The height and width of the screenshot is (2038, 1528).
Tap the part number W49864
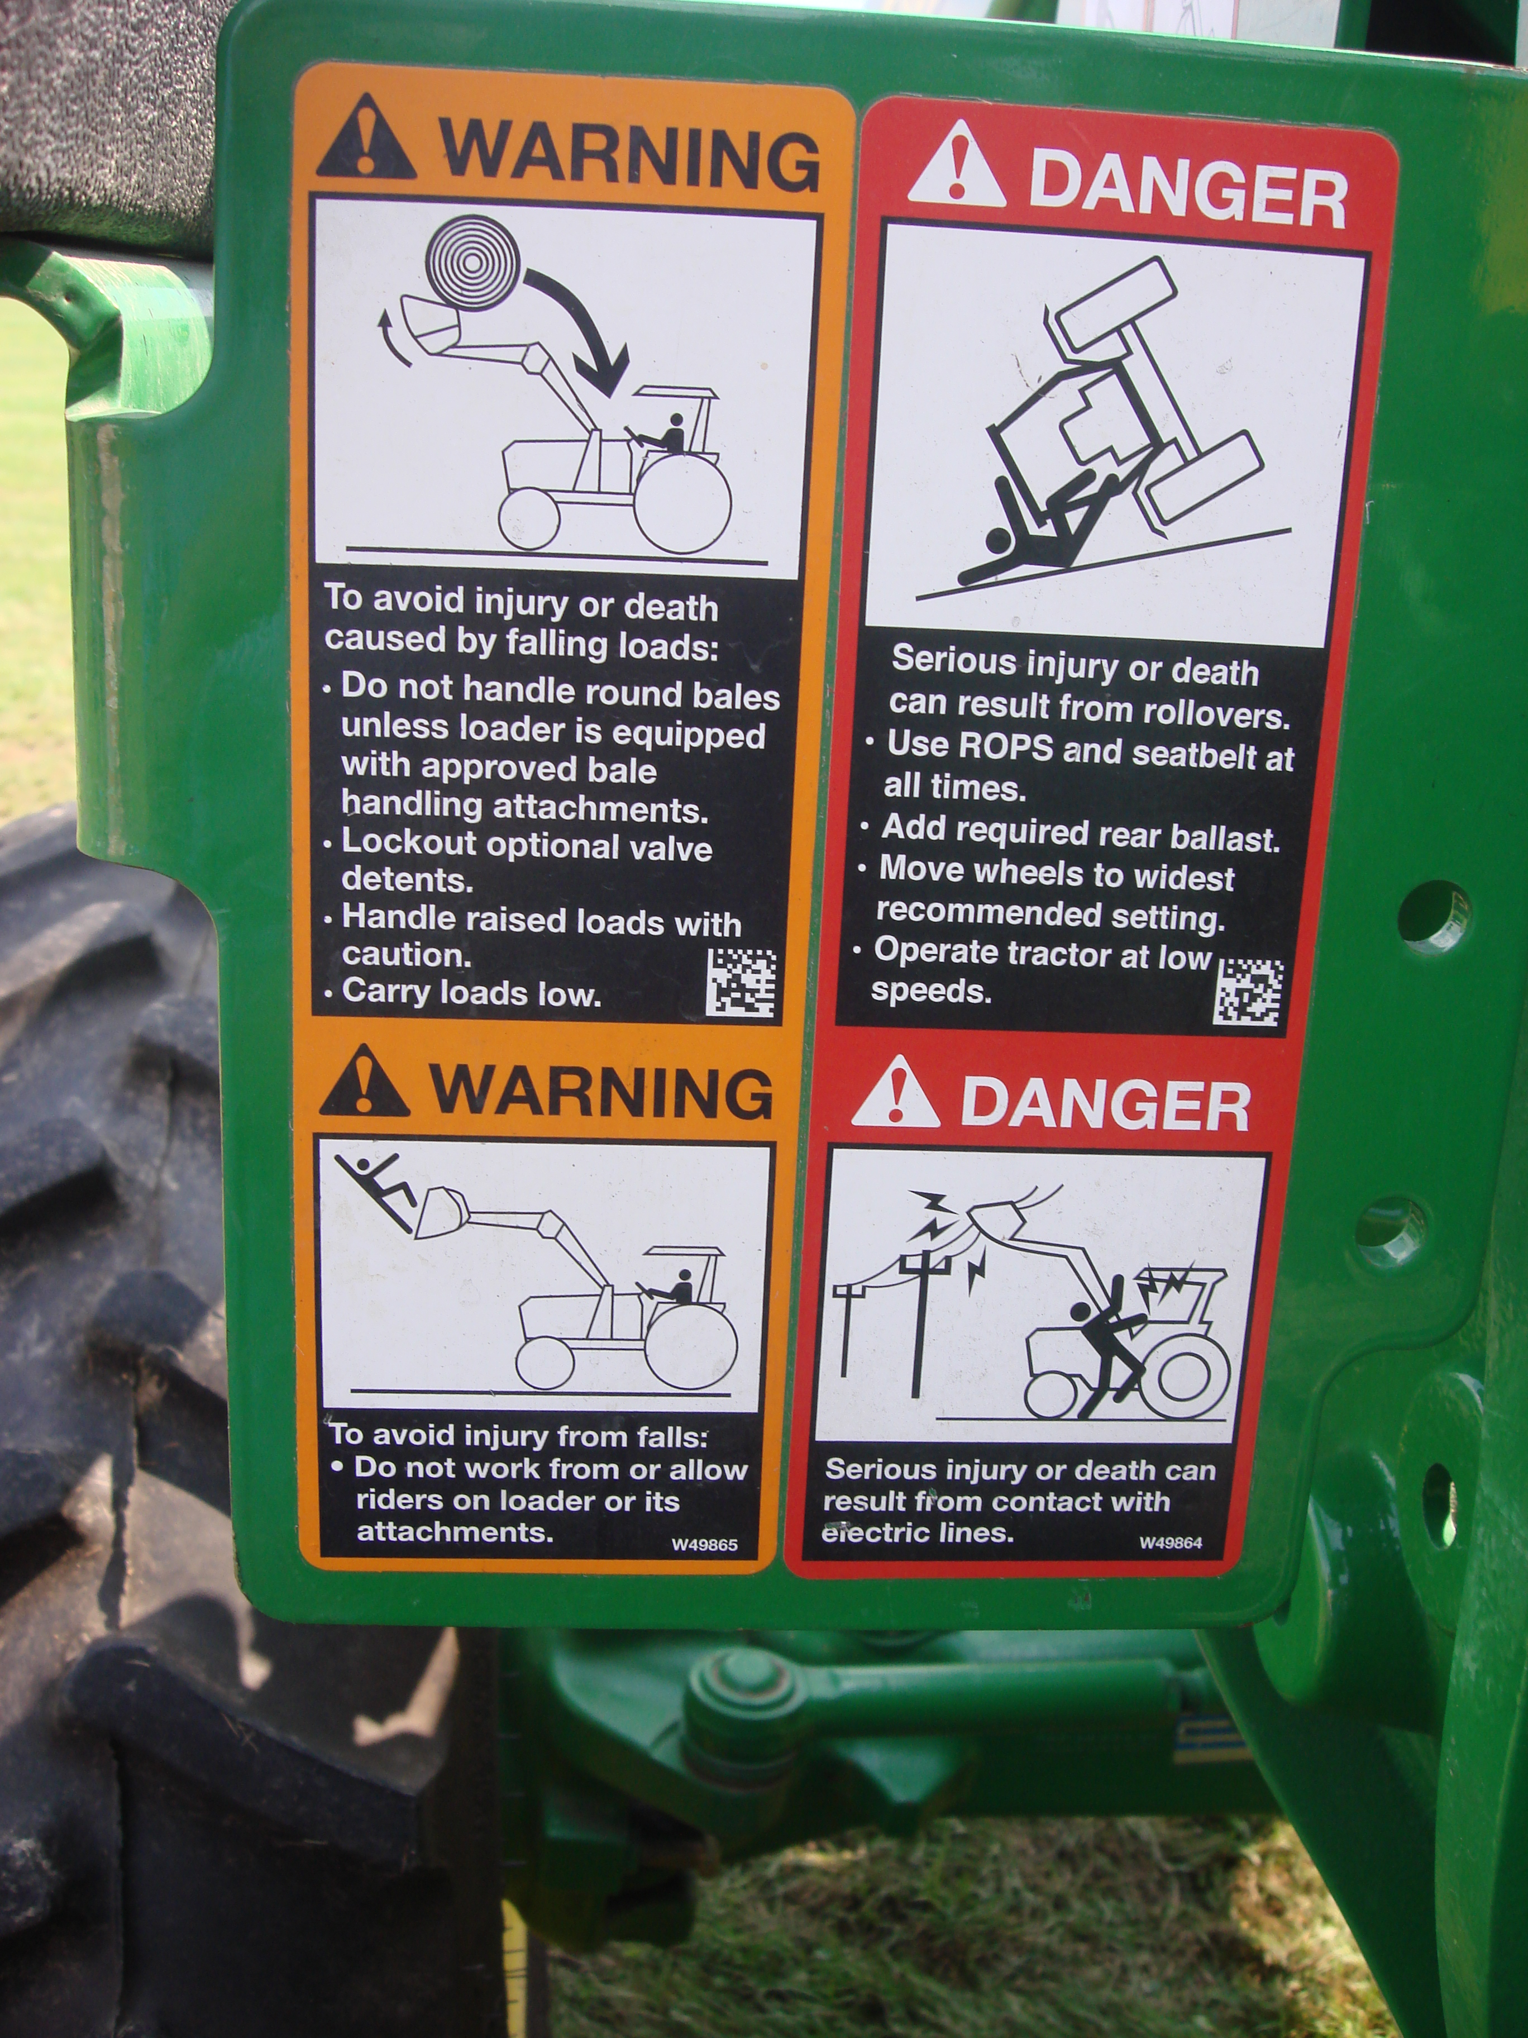[x=1171, y=1543]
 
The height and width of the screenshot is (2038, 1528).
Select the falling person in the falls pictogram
[x=376, y=1183]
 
